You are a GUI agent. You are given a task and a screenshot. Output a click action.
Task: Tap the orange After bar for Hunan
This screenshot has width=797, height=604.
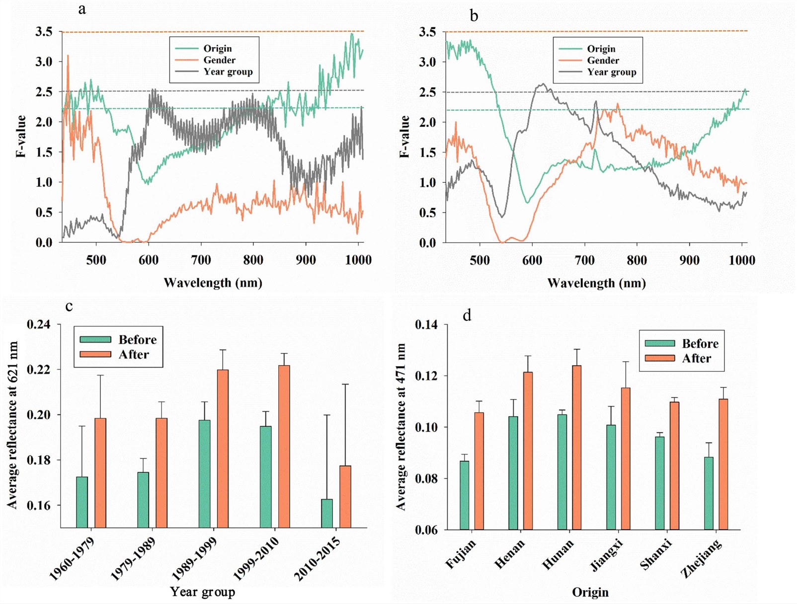(576, 447)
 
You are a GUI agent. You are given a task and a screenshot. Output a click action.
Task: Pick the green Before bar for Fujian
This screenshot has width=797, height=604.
(465, 495)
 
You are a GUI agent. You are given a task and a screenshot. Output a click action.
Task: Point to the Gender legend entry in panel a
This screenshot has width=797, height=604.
(219, 60)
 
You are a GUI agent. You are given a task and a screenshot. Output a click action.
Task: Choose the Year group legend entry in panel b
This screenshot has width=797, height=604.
(611, 72)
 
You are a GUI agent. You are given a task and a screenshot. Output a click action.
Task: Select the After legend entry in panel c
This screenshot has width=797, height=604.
(133, 355)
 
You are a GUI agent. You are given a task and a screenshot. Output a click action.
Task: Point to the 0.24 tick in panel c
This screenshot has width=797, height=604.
(39, 324)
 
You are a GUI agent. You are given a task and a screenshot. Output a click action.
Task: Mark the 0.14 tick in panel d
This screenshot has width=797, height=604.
(426, 325)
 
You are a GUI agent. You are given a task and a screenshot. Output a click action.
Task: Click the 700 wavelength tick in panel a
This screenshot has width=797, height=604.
(201, 260)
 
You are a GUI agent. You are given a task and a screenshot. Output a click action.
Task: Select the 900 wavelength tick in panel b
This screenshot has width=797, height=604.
(689, 260)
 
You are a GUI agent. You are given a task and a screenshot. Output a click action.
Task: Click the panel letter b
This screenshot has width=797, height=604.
(474, 16)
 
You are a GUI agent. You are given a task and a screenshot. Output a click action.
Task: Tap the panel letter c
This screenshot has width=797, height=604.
(69, 306)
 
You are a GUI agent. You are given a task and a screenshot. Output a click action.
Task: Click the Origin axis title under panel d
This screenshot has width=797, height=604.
(590, 592)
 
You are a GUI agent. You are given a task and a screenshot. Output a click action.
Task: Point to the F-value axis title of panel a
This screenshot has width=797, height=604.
(21, 136)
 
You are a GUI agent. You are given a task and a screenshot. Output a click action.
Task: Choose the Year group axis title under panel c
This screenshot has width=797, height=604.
(202, 592)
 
